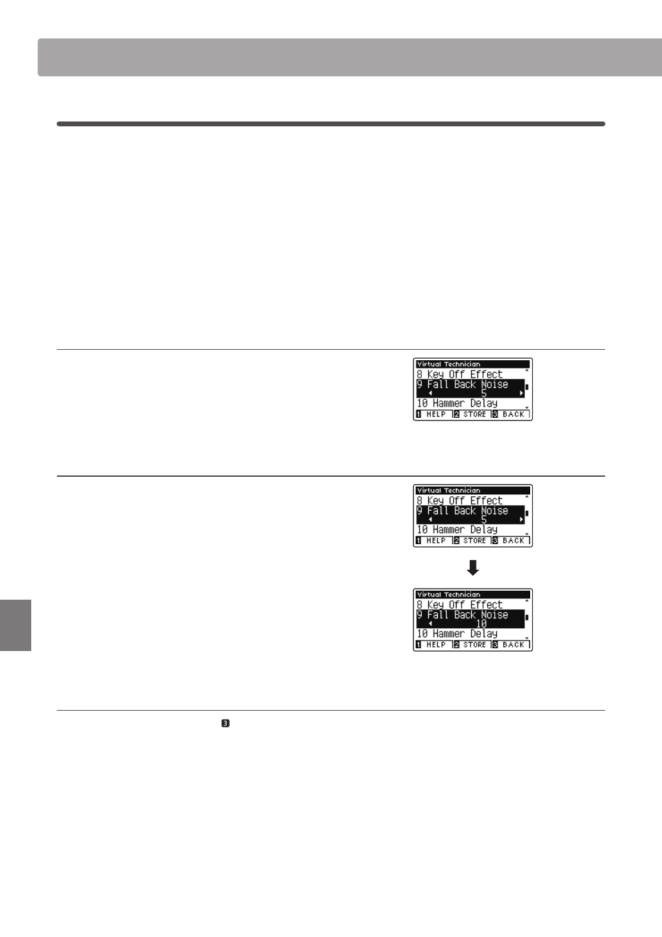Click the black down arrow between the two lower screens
473,568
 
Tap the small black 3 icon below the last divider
226,723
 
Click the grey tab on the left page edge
15,625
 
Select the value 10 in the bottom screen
481,624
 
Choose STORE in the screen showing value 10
475,645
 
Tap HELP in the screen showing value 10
436,645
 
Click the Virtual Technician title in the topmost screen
448,364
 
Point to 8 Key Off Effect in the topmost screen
459,374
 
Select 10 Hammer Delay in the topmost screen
457,403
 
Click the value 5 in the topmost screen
484,394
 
